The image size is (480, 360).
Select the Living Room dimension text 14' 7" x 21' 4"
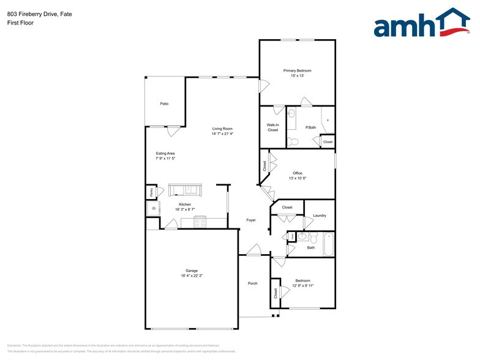pyautogui.click(x=222, y=133)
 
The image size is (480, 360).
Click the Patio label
pyautogui.click(x=164, y=103)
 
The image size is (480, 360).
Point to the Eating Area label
pyautogui.click(x=165, y=153)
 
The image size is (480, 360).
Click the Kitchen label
pyautogui.click(x=185, y=204)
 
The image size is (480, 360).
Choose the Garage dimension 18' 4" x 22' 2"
pyautogui.click(x=192, y=276)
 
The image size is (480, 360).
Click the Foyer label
pyautogui.click(x=251, y=220)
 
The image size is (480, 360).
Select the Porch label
pyautogui.click(x=252, y=283)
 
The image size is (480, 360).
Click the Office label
pyautogui.click(x=297, y=173)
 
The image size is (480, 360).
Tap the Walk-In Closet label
pyautogui.click(x=272, y=127)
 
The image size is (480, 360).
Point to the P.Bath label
pyautogui.click(x=310, y=127)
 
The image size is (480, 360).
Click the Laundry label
pyautogui.click(x=319, y=216)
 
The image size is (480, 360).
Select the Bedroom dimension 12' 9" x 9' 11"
pyautogui.click(x=303, y=285)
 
